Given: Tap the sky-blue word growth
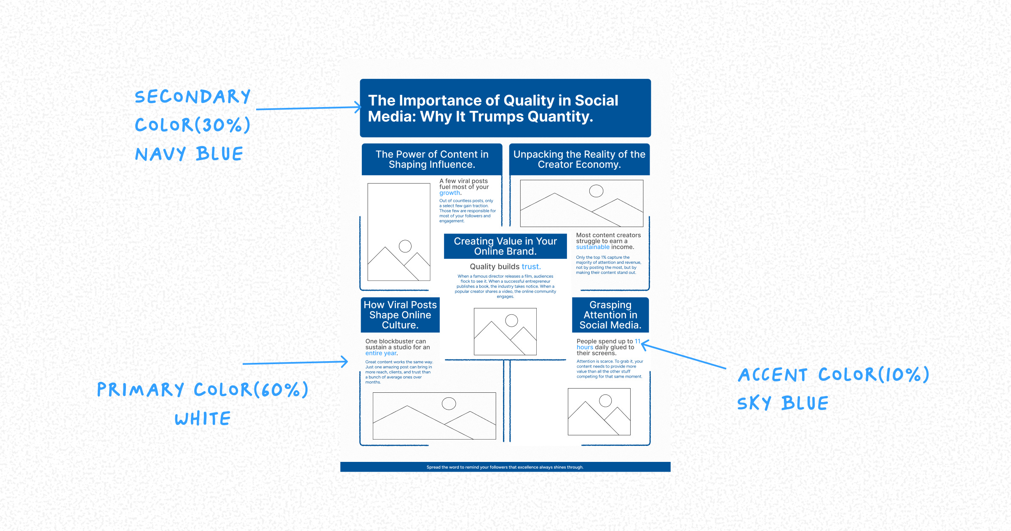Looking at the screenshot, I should pyautogui.click(x=449, y=193).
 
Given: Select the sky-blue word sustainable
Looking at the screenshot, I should pyautogui.click(x=593, y=247).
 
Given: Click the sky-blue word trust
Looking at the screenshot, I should pyautogui.click(x=531, y=267).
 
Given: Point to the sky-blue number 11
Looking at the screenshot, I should pyautogui.click(x=637, y=341).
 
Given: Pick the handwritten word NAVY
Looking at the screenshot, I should pyautogui.click(x=160, y=154).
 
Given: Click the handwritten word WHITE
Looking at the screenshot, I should pyautogui.click(x=203, y=419).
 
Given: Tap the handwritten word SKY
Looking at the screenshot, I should pyautogui.click(x=754, y=403).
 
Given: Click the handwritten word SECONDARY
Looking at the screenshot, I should pyautogui.click(x=193, y=97).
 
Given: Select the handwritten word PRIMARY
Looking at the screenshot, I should pyautogui.click(x=141, y=390).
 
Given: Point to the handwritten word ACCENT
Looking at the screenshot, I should pyautogui.click(x=773, y=375).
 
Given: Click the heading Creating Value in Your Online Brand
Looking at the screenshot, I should pyautogui.click(x=505, y=247).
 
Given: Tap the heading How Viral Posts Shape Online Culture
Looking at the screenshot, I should pyautogui.click(x=400, y=315).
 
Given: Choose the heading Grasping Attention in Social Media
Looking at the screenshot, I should pyautogui.click(x=610, y=315).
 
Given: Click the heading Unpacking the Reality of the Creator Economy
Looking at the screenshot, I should pyautogui.click(x=579, y=159).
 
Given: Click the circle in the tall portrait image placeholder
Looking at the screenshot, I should pyautogui.click(x=405, y=246).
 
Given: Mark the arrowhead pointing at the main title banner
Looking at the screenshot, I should pyautogui.click(x=358, y=107).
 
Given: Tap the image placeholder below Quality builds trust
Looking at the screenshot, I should pyautogui.click(x=505, y=331).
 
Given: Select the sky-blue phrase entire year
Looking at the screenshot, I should pyautogui.click(x=381, y=354).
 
